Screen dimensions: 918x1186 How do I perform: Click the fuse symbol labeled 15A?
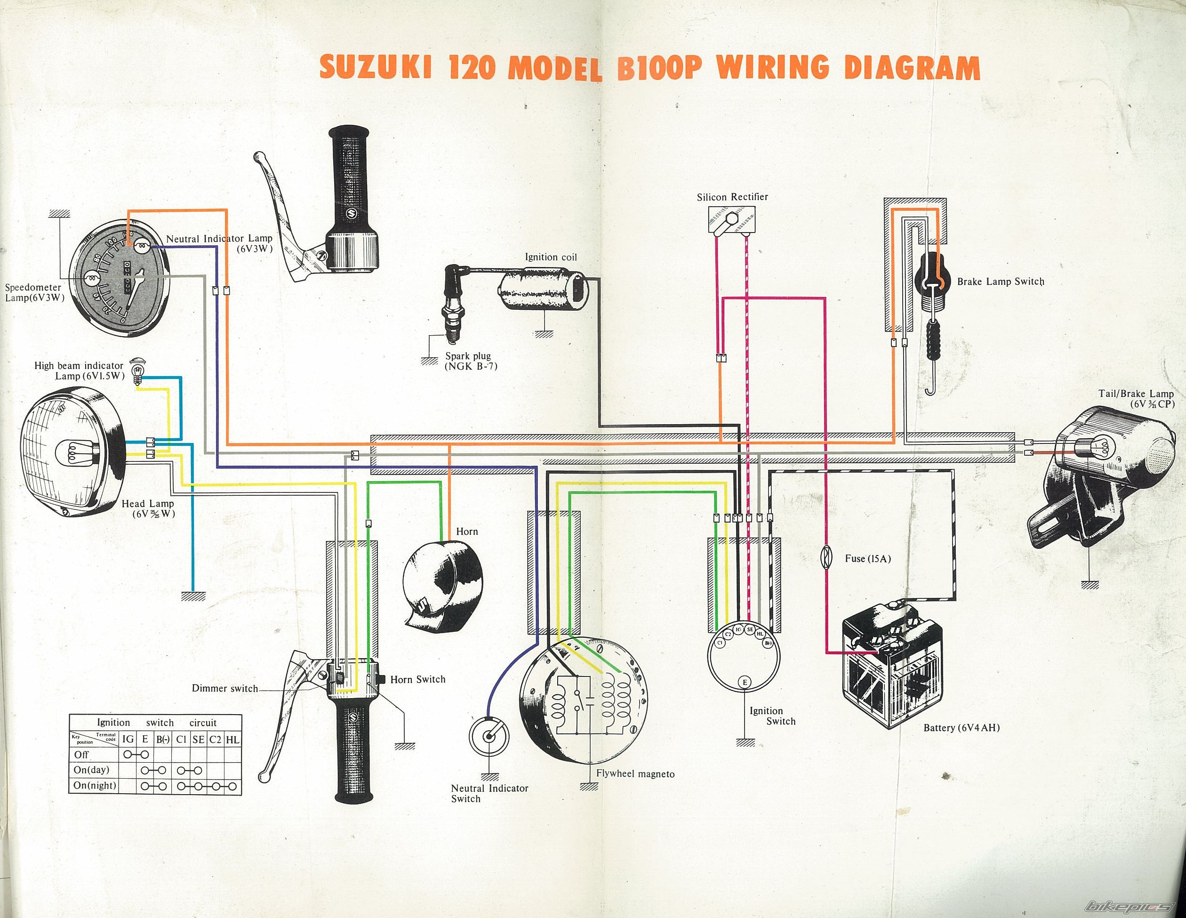pos(825,558)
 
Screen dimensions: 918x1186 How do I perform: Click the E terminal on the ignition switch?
pos(745,682)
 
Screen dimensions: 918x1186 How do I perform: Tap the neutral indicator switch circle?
pos(489,736)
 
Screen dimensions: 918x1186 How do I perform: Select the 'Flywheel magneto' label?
pos(635,774)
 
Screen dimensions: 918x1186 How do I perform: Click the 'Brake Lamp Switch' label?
pos(1000,282)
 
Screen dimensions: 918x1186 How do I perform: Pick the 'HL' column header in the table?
pos(232,739)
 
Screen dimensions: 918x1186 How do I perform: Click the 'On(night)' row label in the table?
pos(95,785)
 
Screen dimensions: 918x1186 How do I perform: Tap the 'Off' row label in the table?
pos(81,755)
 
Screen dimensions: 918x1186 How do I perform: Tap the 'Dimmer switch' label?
pos(225,688)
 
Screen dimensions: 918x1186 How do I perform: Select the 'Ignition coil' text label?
pos(551,257)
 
